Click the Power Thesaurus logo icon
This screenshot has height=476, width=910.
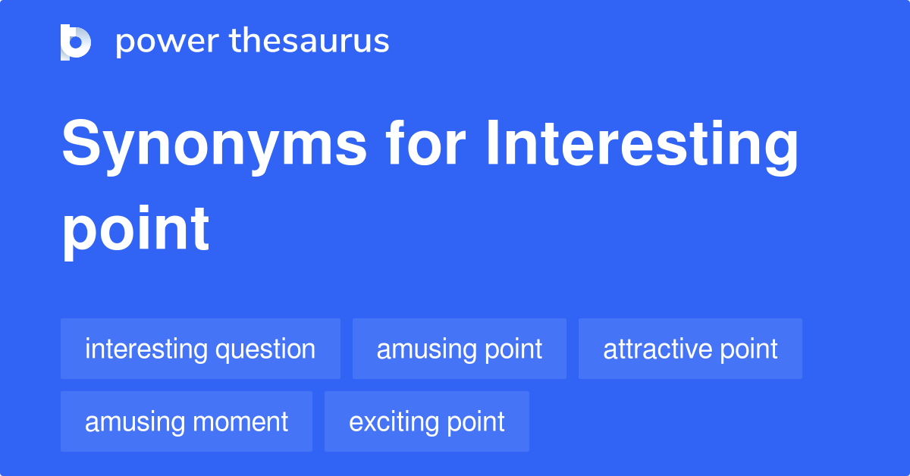pyautogui.click(x=76, y=42)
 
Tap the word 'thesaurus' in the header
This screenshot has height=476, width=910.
pyautogui.click(x=309, y=42)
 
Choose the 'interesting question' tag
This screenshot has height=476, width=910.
pyautogui.click(x=200, y=349)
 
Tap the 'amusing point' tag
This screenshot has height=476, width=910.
pyautogui.click(x=460, y=349)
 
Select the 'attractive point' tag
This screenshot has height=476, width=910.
pyautogui.click(x=690, y=349)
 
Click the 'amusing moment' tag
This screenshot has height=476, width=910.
pyautogui.click(x=187, y=422)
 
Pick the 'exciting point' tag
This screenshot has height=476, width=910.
pyautogui.click(x=427, y=422)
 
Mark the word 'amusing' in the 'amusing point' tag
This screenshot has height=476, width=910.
pyautogui.click(x=425, y=350)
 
